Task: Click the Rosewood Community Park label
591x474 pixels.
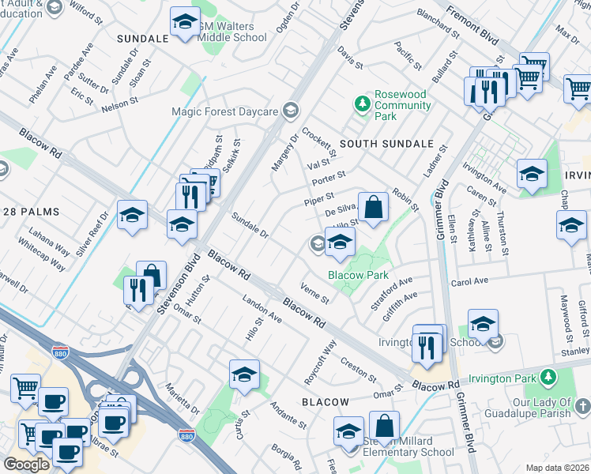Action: point(401,105)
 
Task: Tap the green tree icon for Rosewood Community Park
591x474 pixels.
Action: point(363,103)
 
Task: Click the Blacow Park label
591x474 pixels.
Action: point(359,275)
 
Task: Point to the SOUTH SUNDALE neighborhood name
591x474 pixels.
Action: point(387,144)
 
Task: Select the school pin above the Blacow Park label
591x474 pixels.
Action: point(340,245)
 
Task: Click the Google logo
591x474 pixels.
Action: point(26,465)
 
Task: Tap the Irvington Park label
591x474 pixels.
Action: point(502,378)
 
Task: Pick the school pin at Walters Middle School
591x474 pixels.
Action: point(184,24)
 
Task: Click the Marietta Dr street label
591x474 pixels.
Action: point(183,399)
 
